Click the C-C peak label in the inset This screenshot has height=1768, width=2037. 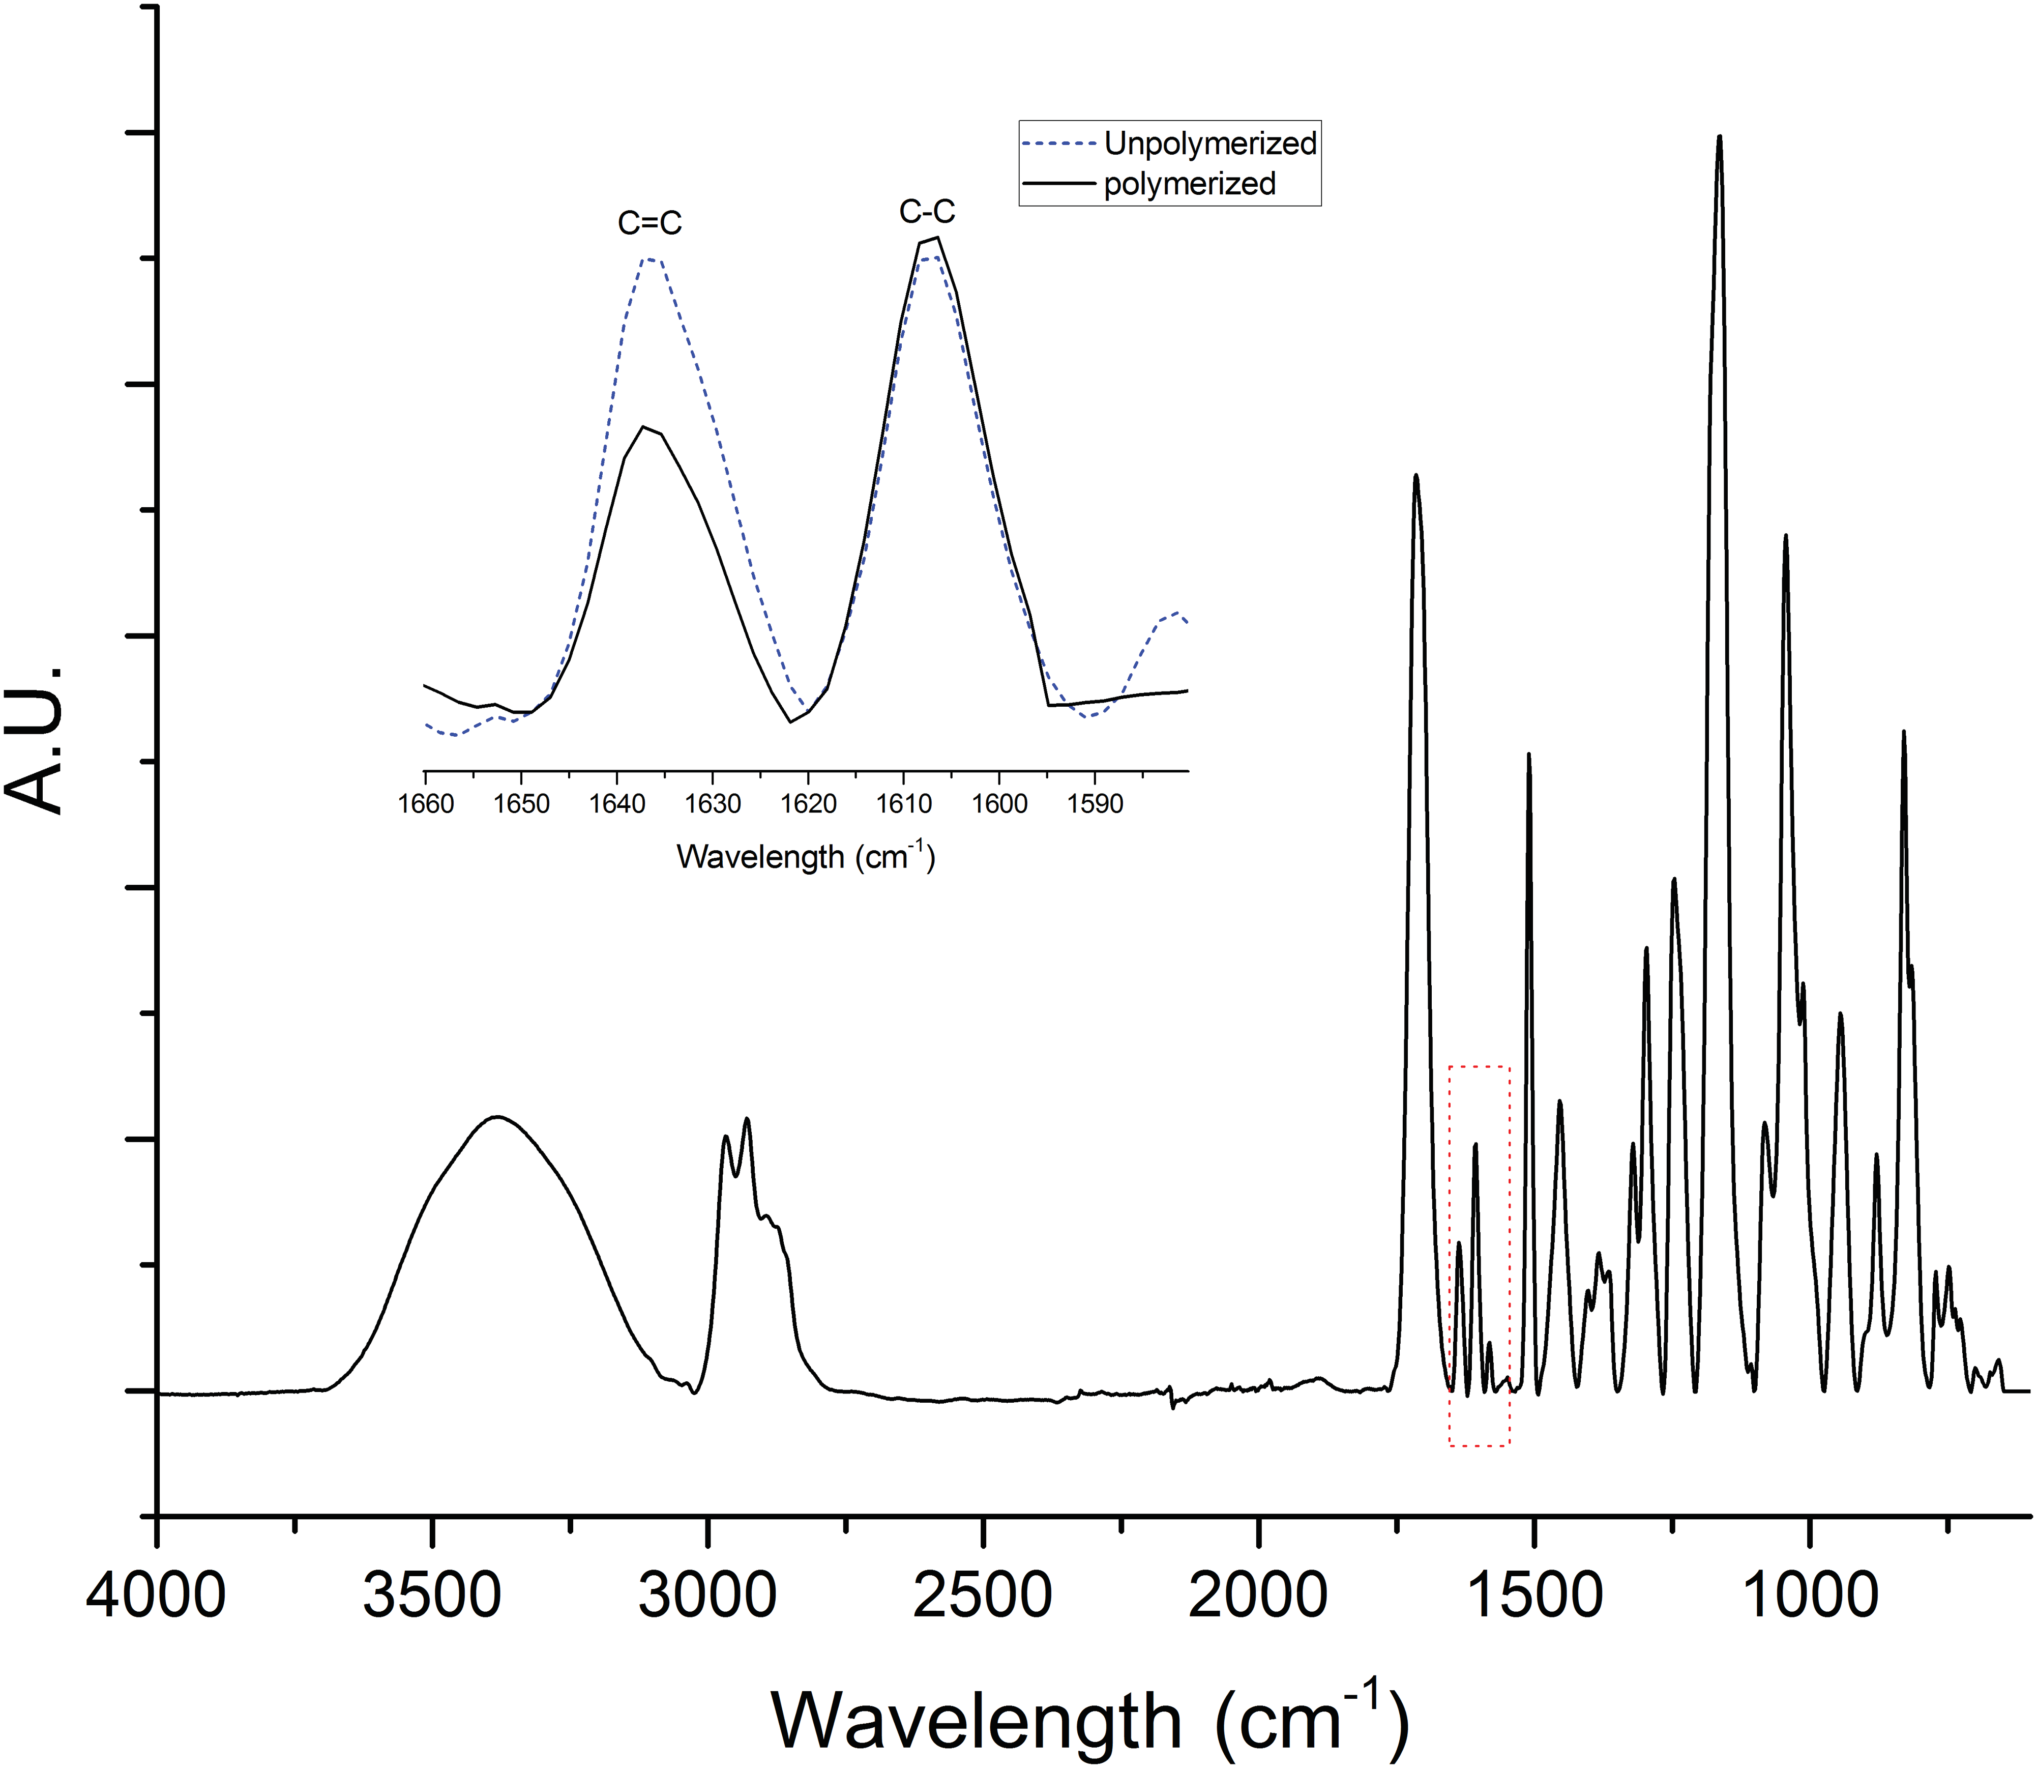(927, 211)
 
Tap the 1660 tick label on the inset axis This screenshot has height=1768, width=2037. (425, 804)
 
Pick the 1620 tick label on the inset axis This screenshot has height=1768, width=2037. (808, 804)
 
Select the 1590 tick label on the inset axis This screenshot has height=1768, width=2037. (1095, 804)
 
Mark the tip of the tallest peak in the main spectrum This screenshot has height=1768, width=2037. (1719, 137)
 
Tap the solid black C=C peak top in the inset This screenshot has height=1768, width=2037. (644, 427)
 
